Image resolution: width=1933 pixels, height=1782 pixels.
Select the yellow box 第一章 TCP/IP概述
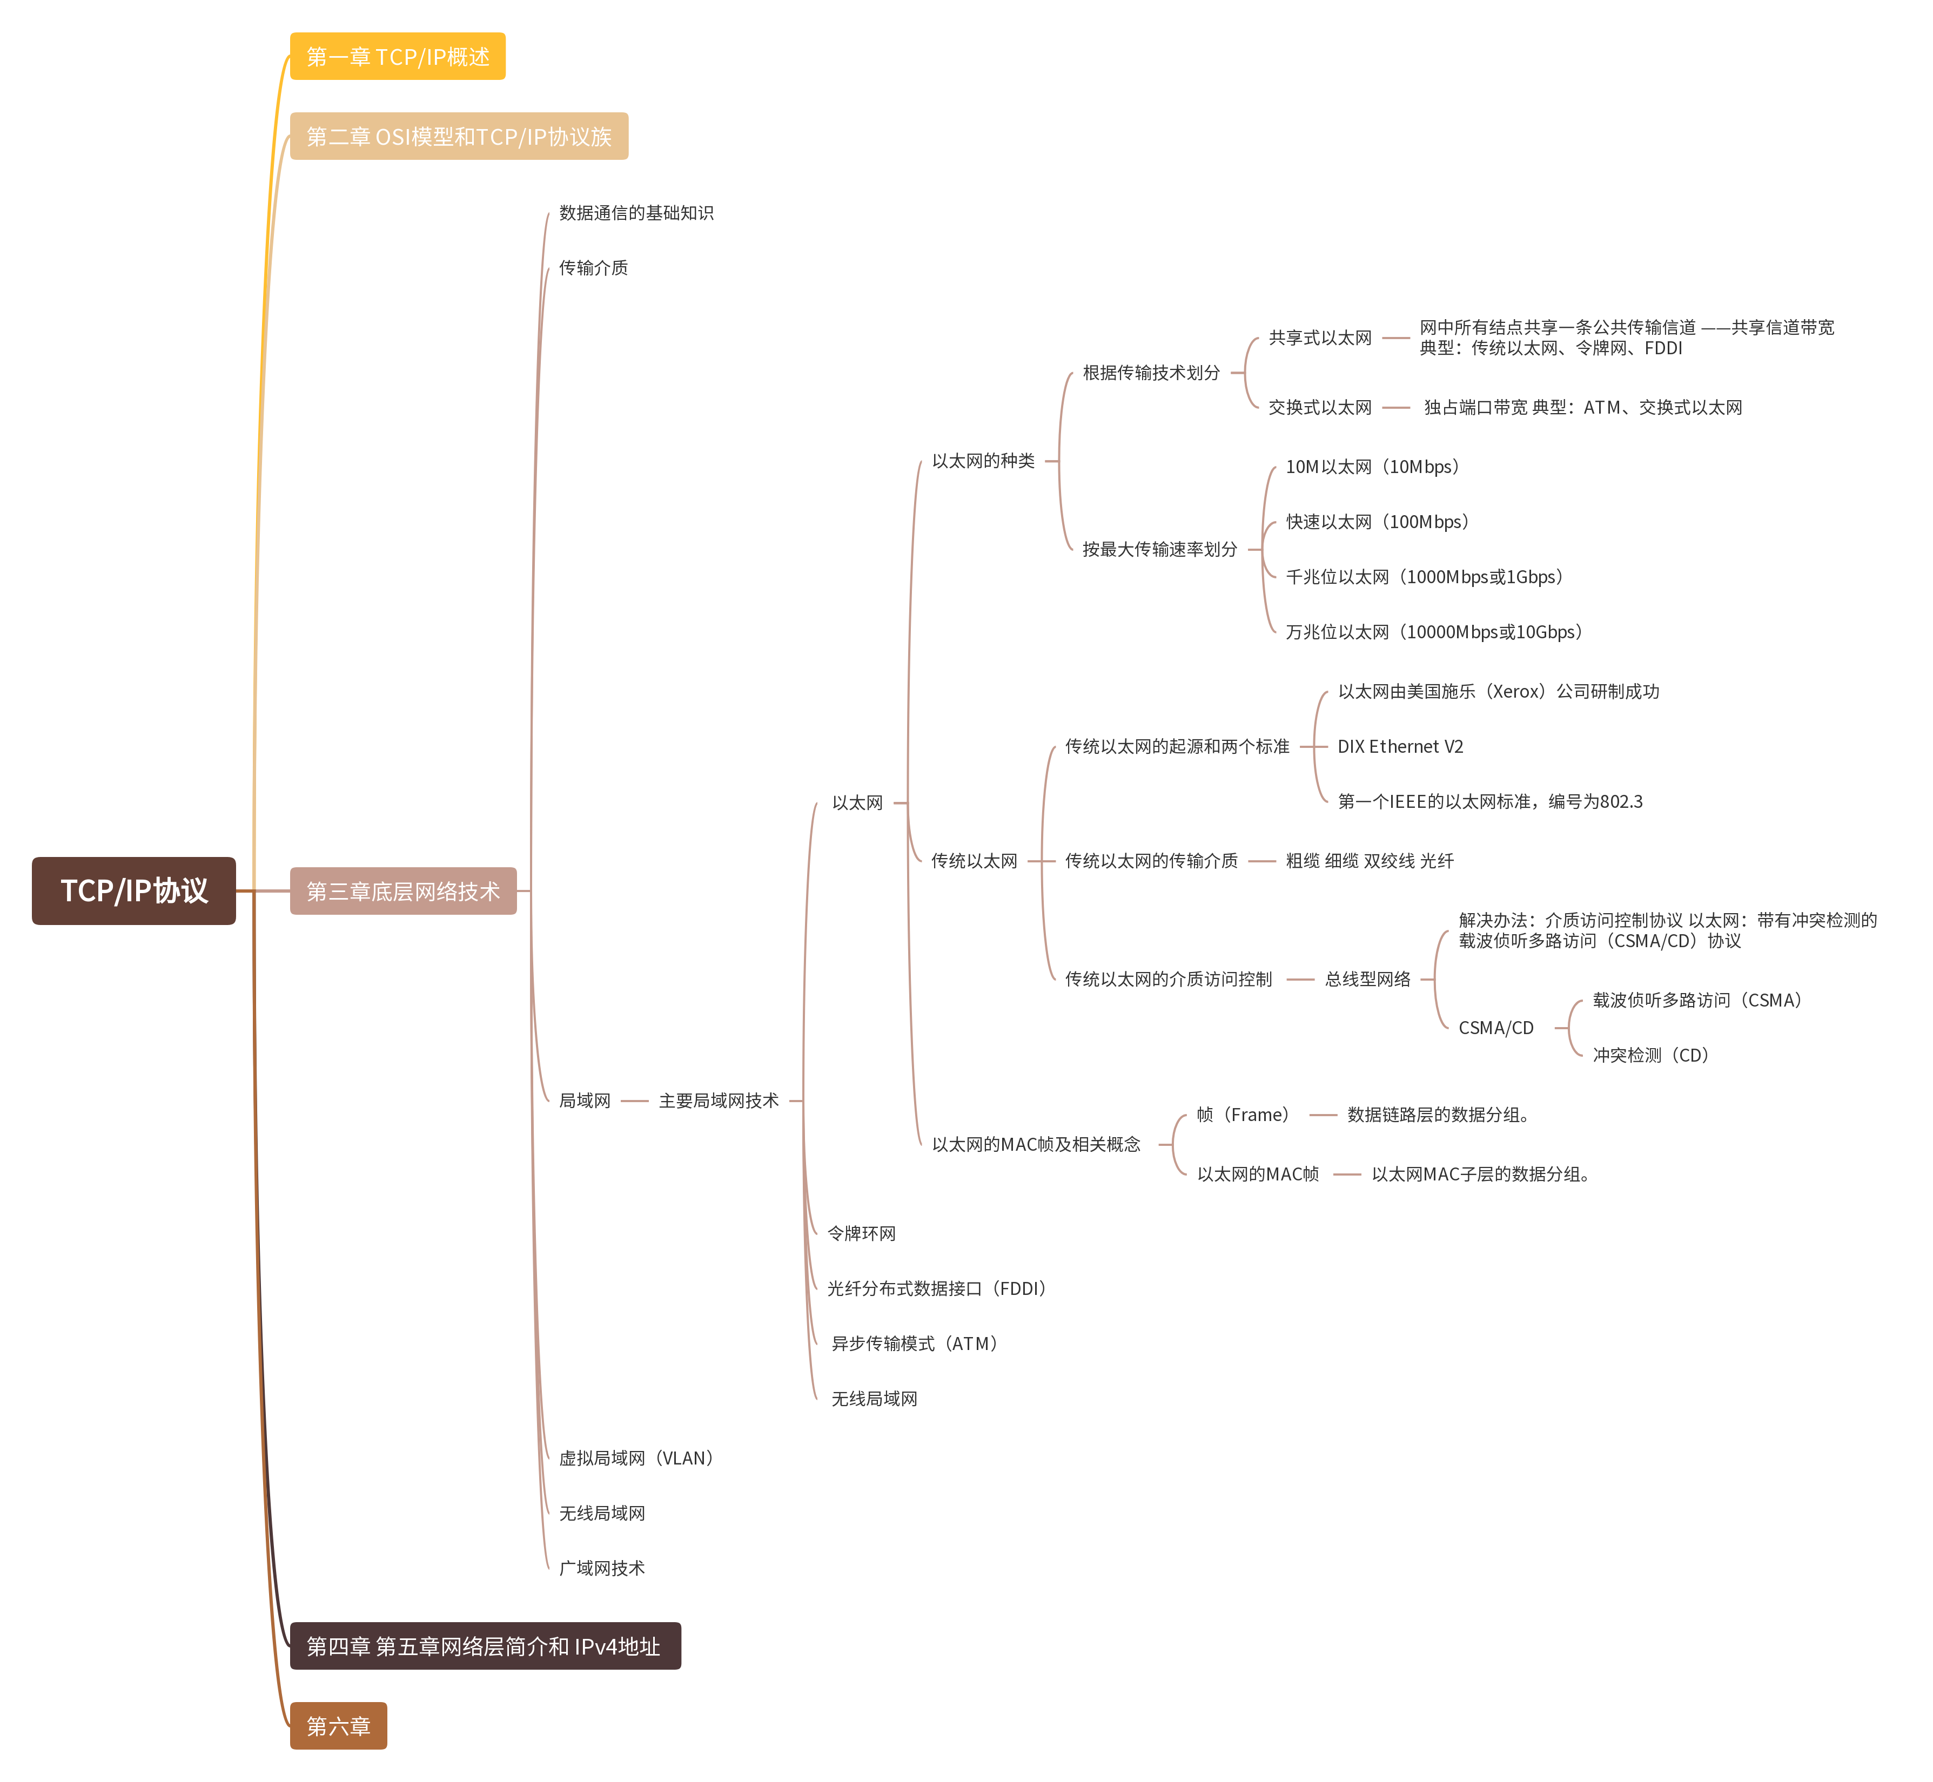pos(398,57)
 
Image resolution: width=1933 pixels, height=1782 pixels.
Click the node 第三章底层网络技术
pos(403,891)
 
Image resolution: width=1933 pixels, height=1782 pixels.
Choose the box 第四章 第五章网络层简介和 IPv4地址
pos(484,1646)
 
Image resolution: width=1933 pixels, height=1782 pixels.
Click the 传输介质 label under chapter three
pos(593,267)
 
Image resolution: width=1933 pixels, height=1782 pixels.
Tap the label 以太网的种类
pos(983,461)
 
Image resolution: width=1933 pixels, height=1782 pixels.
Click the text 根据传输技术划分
pos(1151,372)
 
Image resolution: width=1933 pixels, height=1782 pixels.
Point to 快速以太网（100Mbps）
pos(1377,522)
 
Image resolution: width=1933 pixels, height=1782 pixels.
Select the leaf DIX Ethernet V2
pos(1400,746)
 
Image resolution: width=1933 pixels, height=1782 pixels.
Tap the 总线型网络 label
pos(1367,978)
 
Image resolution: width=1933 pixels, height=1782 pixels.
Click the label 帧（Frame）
pos(1243,1115)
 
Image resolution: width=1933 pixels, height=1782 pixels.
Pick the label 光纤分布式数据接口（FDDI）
pos(936,1288)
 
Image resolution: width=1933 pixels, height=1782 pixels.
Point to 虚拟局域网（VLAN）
pos(636,1458)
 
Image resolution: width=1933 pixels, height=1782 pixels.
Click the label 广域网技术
pos(602,1568)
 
